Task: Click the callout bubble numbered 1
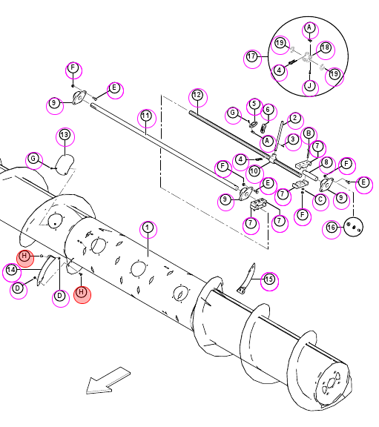(148, 228)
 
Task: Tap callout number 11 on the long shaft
(146, 116)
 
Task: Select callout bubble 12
(197, 96)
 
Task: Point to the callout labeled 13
(65, 135)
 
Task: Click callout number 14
(11, 270)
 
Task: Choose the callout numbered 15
(269, 279)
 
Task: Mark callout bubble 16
(332, 228)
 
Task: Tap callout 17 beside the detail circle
(251, 57)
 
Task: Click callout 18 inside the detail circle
(326, 48)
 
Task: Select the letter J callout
(310, 86)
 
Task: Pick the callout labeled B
(309, 133)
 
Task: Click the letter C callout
(320, 199)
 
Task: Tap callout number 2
(295, 119)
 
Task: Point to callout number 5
(254, 104)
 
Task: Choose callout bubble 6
(268, 110)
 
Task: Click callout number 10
(254, 171)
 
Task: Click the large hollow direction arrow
(108, 381)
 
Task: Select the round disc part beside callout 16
(353, 227)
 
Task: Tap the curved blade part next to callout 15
(247, 279)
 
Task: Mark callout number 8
(326, 162)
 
